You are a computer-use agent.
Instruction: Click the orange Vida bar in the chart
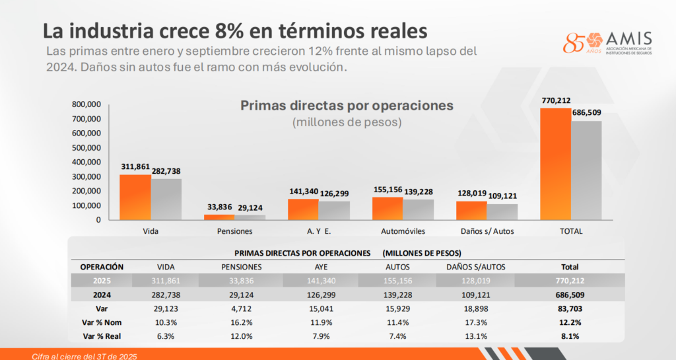pyautogui.click(x=135, y=197)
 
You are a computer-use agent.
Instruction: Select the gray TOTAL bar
pyautogui.click(x=586, y=170)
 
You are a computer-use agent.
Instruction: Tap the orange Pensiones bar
pyautogui.click(x=219, y=217)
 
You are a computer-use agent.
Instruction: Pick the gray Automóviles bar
pyautogui.click(x=419, y=209)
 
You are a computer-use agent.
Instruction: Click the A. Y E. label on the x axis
pyautogui.click(x=318, y=231)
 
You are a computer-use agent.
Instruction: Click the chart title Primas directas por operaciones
pyautogui.click(x=347, y=105)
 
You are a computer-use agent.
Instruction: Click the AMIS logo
pyautogui.click(x=607, y=44)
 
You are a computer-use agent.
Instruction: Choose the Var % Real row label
pyautogui.click(x=102, y=336)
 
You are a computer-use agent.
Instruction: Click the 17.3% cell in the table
pyautogui.click(x=471, y=322)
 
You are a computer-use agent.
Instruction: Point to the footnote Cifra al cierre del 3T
pyautogui.click(x=85, y=356)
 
